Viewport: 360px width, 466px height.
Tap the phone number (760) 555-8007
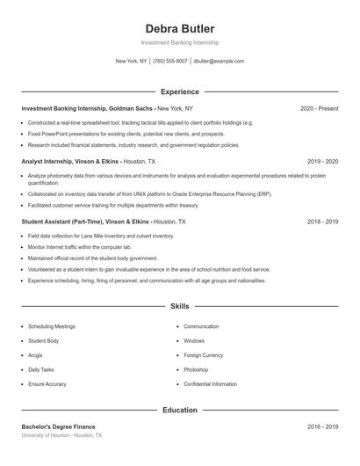[x=170, y=62]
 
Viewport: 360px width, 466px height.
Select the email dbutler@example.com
[x=219, y=62]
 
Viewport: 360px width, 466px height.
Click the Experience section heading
[x=179, y=91]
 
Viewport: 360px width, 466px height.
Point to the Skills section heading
[x=179, y=307]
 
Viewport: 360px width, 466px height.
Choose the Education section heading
[x=179, y=410]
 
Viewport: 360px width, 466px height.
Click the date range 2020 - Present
[x=319, y=108]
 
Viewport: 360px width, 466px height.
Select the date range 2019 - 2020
[x=322, y=162]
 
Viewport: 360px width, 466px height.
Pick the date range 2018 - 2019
[x=322, y=222]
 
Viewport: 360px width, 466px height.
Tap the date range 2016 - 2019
[x=322, y=426]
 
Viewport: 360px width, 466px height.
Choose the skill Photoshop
[x=196, y=370]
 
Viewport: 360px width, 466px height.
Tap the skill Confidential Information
[x=210, y=384]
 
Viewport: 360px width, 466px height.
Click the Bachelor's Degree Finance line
[x=58, y=426]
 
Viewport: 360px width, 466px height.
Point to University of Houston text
[x=46, y=435]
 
